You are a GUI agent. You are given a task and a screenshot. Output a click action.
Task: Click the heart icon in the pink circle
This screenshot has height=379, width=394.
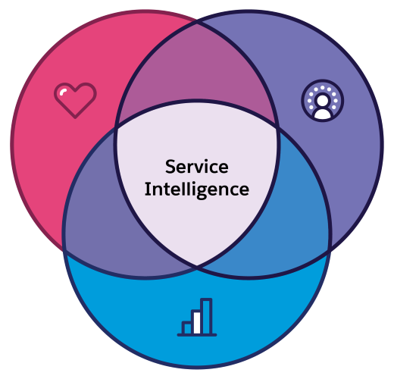pos(76,100)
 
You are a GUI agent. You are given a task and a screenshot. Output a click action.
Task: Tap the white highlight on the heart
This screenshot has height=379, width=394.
pos(65,92)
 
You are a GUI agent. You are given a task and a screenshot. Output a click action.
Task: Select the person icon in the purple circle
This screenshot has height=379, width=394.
pos(322,102)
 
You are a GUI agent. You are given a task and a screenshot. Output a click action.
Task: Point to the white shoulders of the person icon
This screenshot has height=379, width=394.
pos(322,113)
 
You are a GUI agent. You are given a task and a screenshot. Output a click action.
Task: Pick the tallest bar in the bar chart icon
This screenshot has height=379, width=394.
pos(206,316)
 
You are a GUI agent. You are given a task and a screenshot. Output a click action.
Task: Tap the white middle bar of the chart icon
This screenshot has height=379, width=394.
pos(196,321)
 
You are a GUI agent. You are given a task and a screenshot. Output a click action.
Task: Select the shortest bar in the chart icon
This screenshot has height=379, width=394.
pos(186,327)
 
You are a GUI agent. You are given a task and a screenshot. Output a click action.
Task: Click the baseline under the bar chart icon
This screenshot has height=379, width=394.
pos(197,334)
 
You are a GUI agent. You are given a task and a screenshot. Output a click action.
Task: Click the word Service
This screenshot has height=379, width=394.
pos(196,167)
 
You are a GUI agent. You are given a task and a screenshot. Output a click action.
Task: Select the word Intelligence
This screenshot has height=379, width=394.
pos(196,189)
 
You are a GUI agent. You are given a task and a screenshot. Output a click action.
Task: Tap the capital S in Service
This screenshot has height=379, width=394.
pos(170,167)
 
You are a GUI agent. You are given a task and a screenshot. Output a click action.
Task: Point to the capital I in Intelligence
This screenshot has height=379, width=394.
pos(148,189)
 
